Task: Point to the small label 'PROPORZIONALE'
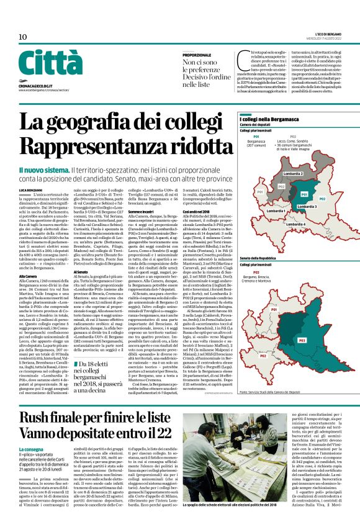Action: (196, 55)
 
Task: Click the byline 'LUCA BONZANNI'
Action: (30, 188)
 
